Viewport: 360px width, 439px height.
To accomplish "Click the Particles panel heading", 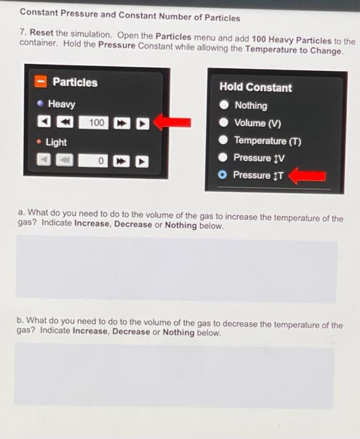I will point(75,82).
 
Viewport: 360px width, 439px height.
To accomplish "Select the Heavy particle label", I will point(61,104).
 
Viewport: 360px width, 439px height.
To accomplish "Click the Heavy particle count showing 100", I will point(97,122).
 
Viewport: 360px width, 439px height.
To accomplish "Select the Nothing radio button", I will point(223,105).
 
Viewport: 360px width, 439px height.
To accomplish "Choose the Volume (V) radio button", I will point(223,123).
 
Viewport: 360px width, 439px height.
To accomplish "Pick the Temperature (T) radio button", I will point(223,140).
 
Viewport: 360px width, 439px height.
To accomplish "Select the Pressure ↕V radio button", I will point(223,158).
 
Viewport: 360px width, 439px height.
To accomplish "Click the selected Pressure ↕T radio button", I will point(223,176).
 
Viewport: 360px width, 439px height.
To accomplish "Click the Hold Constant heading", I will point(255,87).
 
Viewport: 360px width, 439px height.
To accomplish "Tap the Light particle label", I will point(56,142).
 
